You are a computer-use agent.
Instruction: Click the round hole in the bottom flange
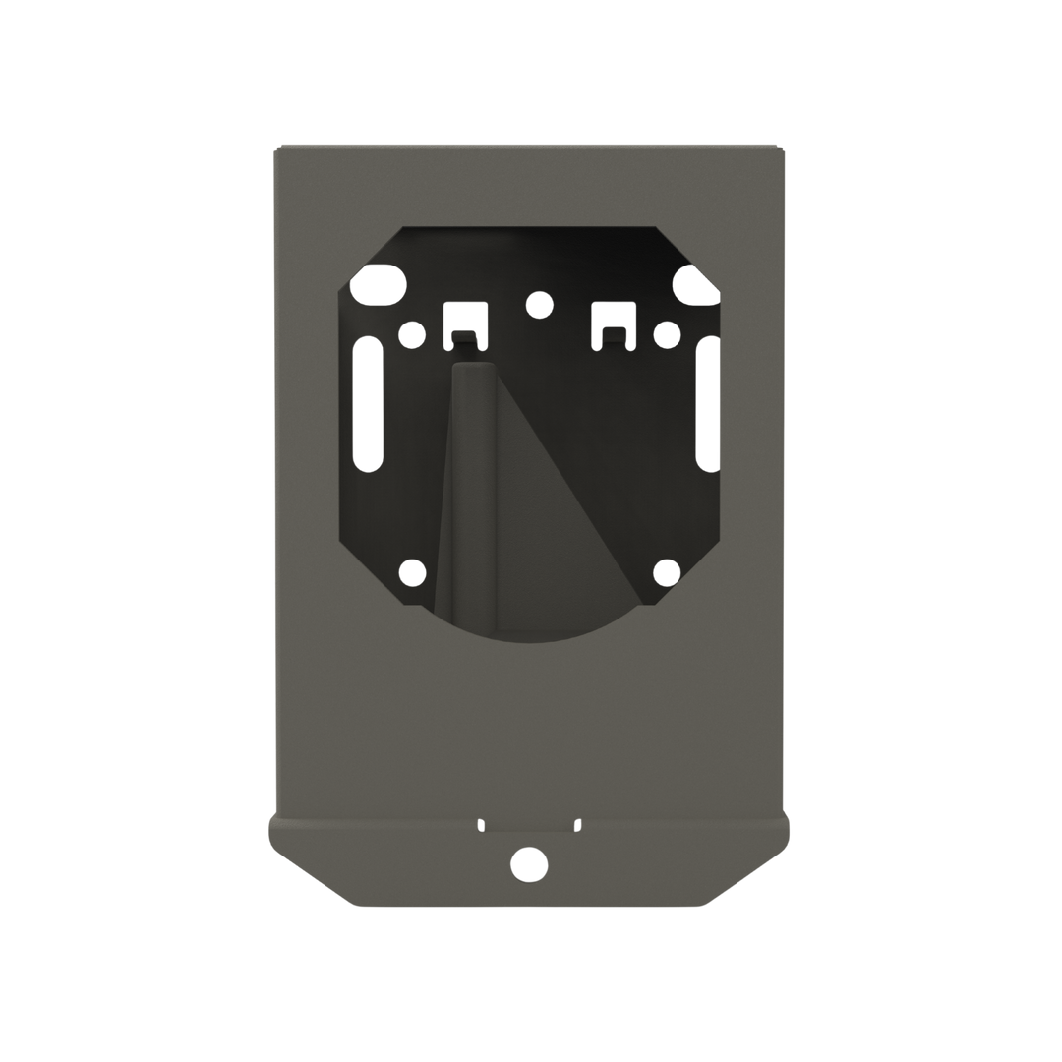pyautogui.click(x=527, y=863)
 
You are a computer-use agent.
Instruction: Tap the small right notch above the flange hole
pyautogui.click(x=577, y=824)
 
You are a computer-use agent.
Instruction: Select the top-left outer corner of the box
pyautogui.click(x=275, y=145)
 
